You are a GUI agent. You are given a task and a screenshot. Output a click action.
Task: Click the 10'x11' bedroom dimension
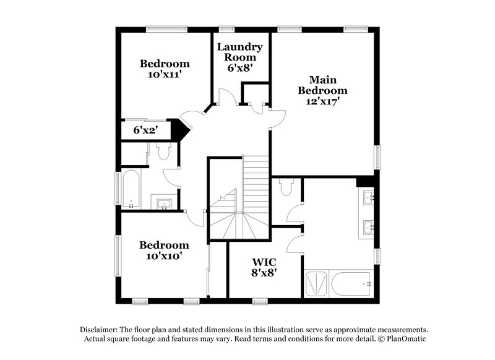click(164, 74)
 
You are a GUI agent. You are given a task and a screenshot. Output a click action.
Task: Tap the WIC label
click(263, 262)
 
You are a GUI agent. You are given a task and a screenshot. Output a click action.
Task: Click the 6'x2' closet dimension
click(145, 131)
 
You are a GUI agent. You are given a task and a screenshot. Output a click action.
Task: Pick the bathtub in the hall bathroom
click(131, 189)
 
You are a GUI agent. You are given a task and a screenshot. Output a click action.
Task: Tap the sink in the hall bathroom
click(165, 204)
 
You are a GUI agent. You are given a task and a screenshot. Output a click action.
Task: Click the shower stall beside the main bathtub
click(317, 284)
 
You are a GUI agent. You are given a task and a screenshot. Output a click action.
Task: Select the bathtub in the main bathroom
click(351, 284)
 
